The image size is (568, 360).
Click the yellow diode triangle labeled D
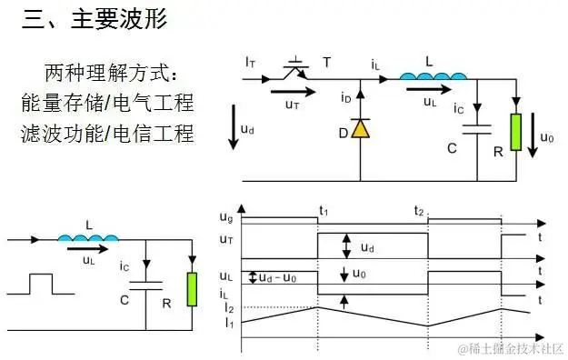pyautogui.click(x=361, y=128)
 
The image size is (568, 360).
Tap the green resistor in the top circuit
pyautogui.click(x=515, y=132)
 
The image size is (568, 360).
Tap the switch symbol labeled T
pyautogui.click(x=294, y=65)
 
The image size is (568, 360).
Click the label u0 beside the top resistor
pyautogui.click(x=546, y=138)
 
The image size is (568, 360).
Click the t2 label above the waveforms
pyautogui.click(x=419, y=211)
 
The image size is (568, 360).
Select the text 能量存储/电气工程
pyautogui.click(x=108, y=102)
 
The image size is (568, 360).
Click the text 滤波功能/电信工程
pyautogui.click(x=108, y=134)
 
